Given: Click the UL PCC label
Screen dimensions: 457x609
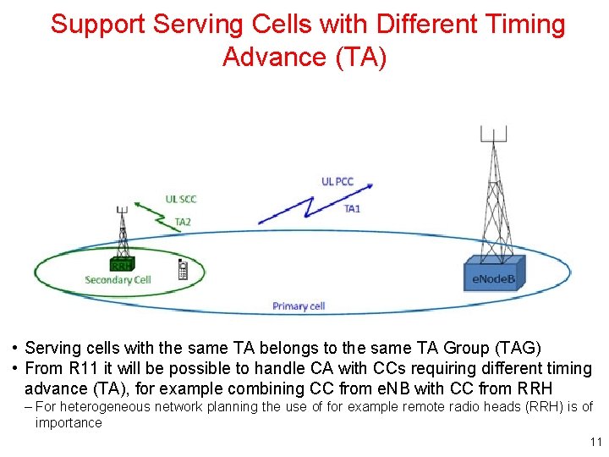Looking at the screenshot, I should pyautogui.click(x=337, y=181).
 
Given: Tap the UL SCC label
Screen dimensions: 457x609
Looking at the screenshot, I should pyautogui.click(x=182, y=199).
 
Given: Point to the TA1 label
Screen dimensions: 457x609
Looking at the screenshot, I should pyautogui.click(x=352, y=209).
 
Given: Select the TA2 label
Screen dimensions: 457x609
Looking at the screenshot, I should pyautogui.click(x=183, y=223).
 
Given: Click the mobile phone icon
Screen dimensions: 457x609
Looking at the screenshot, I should pyautogui.click(x=183, y=270).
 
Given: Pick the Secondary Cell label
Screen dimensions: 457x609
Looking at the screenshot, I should pyautogui.click(x=118, y=280).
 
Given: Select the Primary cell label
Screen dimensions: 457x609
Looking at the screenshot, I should pyautogui.click(x=299, y=306).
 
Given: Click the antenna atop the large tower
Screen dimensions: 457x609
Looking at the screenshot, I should pyautogui.click(x=493, y=135).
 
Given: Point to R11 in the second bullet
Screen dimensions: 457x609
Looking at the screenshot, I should pyautogui.click(x=84, y=368).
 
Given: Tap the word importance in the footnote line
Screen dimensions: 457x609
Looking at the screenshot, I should pyautogui.click(x=68, y=422).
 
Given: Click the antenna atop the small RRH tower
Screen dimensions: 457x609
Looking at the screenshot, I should pyautogui.click(x=122, y=209).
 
